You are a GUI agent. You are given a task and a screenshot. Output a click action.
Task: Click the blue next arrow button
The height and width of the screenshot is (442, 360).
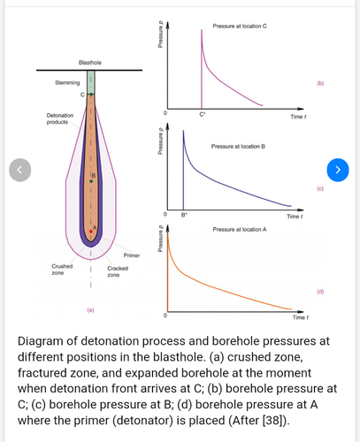(338, 170)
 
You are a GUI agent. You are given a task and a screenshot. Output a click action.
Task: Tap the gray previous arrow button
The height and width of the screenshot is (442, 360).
(20, 170)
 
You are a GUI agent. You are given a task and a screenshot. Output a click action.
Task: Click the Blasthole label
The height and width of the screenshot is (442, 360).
(90, 63)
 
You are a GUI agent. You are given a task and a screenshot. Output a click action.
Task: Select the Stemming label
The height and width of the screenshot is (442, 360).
(67, 82)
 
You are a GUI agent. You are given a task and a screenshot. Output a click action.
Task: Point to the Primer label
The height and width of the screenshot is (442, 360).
(132, 255)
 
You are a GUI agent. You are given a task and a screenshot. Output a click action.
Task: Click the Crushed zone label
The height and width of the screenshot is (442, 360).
(62, 270)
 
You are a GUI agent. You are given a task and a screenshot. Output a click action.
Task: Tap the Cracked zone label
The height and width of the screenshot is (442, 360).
(118, 271)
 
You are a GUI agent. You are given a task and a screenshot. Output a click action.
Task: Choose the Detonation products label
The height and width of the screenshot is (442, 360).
(60, 118)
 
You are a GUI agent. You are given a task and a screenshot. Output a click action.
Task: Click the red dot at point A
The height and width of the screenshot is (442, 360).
(91, 232)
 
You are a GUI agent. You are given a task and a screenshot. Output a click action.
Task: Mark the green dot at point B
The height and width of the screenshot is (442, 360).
(91, 181)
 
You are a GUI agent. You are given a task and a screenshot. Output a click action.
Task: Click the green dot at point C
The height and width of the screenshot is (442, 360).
(91, 95)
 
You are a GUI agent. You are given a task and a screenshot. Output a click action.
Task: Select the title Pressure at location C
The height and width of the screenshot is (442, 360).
(240, 26)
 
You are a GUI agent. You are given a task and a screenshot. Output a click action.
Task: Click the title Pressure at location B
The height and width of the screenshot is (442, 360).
(238, 146)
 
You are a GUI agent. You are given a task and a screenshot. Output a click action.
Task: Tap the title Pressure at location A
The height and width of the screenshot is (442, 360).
(240, 229)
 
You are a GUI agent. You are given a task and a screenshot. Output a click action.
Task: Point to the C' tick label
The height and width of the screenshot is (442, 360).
(202, 114)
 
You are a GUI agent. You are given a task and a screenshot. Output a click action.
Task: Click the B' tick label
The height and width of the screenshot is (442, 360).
(184, 215)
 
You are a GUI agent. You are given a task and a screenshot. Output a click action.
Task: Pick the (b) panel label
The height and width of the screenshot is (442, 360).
(320, 83)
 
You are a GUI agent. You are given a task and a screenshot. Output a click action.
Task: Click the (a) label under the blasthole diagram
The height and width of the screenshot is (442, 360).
(90, 310)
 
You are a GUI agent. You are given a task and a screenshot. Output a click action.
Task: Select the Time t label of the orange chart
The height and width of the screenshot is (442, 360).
(301, 317)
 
